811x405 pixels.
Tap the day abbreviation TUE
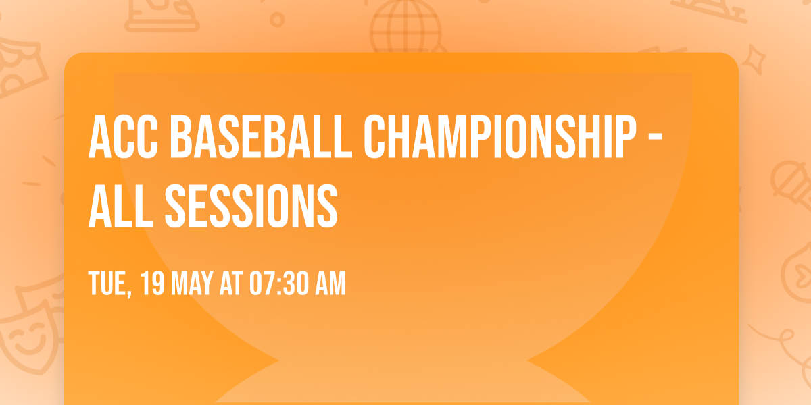(109, 284)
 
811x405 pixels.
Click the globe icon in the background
(403, 27)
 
